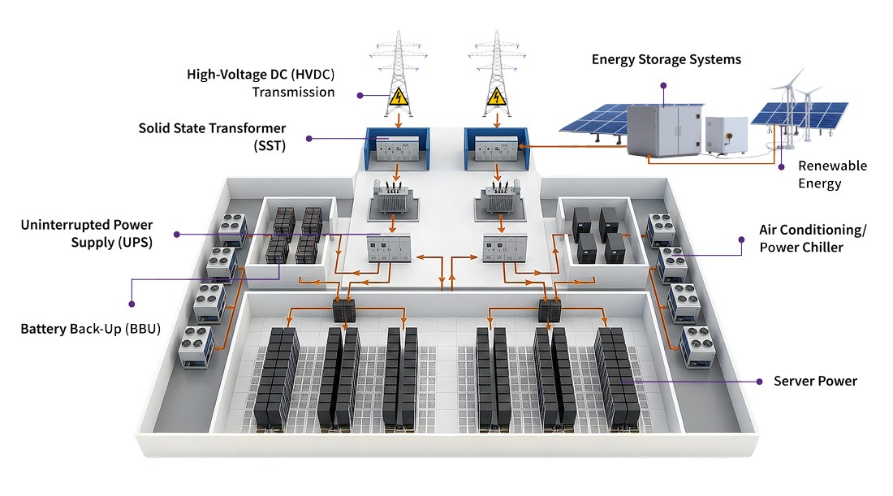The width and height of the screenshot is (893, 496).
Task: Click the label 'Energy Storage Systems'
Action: [x=666, y=59]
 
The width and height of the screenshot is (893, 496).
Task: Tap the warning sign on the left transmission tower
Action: [x=398, y=97]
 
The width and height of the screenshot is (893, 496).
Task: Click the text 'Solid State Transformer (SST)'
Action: [x=212, y=136]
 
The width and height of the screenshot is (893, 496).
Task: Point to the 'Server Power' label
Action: [x=815, y=381]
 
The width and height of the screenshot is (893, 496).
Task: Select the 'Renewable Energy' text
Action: [x=832, y=175]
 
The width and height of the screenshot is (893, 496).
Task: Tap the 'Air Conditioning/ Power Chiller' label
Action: [x=813, y=238]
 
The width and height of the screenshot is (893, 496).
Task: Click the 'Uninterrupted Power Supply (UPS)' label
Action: [x=87, y=233]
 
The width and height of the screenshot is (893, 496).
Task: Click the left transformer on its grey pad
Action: [x=391, y=199]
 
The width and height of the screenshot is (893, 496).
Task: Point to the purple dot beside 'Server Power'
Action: [x=759, y=381]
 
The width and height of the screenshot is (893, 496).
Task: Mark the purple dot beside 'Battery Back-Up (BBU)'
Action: [x=130, y=304]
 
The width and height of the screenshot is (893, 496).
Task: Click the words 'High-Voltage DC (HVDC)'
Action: [x=261, y=75]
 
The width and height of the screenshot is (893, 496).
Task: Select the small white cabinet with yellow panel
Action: [x=725, y=134]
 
